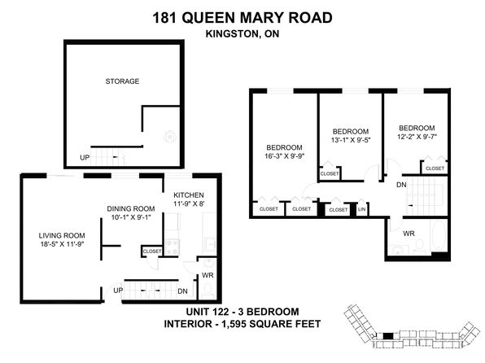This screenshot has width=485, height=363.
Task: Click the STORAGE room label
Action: (122, 81)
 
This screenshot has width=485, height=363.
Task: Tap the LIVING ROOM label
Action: (62, 235)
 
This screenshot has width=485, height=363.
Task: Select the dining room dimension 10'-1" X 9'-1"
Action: (131, 217)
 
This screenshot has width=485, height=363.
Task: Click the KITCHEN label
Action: (189, 195)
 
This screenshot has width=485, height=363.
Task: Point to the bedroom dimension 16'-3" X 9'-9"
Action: (285, 156)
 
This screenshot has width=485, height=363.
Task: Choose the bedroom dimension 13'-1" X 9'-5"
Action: (351, 140)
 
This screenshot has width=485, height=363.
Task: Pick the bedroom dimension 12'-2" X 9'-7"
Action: (417, 137)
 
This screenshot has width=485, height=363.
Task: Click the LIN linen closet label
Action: (361, 209)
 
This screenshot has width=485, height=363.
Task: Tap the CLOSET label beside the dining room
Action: (152, 251)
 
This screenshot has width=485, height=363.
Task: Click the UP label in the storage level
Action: (85, 158)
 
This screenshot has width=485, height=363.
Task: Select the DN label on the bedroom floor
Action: (401, 185)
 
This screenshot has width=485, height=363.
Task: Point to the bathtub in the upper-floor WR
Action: (439, 236)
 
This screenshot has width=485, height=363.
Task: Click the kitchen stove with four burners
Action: (172, 247)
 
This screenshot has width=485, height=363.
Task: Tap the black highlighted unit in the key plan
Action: (388, 336)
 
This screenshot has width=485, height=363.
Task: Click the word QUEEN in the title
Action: (208, 18)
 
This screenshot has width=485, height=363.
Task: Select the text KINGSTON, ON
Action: (242, 33)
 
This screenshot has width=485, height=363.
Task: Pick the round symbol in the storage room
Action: (170, 137)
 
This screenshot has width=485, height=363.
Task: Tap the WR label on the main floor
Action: (208, 275)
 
